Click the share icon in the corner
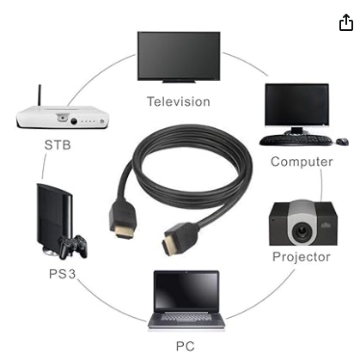[x=346, y=22]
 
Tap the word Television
[x=179, y=101]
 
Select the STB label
[x=58, y=145]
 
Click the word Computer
[x=302, y=162]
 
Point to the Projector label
[x=302, y=257]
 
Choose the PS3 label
[x=63, y=274]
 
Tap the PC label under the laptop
[x=186, y=346]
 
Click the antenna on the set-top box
[x=40, y=95]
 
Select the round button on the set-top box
[x=74, y=121]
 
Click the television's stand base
[x=179, y=82]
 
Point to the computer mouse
[x=342, y=141]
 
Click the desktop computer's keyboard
[x=296, y=140]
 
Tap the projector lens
[x=301, y=230]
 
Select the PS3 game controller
[x=73, y=247]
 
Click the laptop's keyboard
[x=186, y=317]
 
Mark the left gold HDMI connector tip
[x=125, y=232]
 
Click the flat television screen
[x=179, y=56]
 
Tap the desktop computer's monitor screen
[x=297, y=105]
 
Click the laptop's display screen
[x=186, y=290]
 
